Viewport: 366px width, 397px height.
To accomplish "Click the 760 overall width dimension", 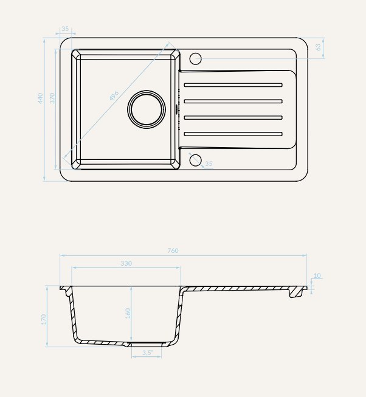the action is pos(173,250).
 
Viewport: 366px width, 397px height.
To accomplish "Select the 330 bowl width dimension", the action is pos(126,264).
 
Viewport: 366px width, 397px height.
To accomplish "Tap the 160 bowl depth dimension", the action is pos(128,313).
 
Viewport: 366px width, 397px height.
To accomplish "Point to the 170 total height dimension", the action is pos(44,320).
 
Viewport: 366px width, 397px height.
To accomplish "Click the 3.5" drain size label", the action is pos(147,353).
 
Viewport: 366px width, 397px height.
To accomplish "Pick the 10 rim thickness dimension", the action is pos(317,275).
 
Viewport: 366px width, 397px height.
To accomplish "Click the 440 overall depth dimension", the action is pos(40,98).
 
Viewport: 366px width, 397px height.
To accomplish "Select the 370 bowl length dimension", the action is pos(52,98).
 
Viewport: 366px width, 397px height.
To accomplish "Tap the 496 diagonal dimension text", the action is pos(114,95).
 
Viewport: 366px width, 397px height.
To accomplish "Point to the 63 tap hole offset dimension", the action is pos(318,47).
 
